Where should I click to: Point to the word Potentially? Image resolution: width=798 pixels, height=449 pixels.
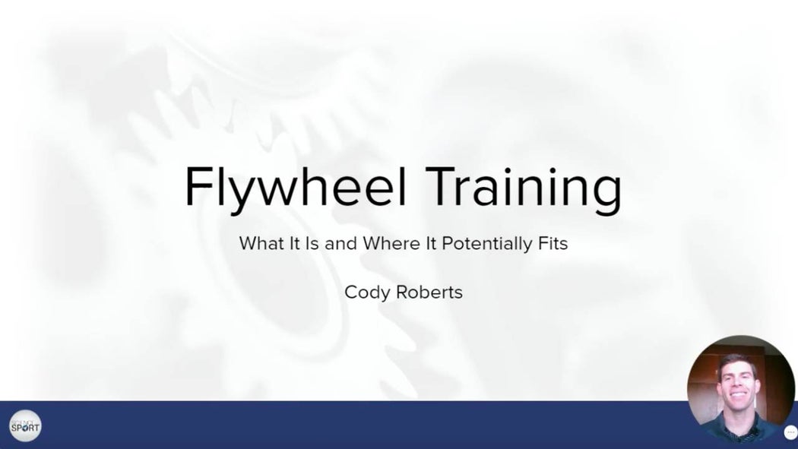tap(480, 244)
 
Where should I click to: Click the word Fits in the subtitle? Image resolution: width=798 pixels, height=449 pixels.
tap(553, 244)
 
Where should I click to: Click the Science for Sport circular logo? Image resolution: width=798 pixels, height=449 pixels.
tap(25, 425)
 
